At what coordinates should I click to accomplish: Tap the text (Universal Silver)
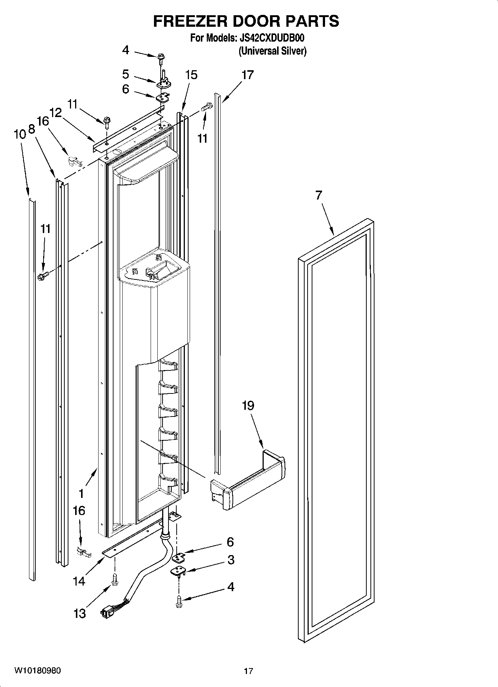click(272, 51)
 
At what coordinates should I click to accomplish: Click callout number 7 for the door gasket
click(319, 195)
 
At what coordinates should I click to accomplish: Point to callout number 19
click(248, 405)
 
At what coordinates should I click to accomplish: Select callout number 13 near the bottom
click(80, 613)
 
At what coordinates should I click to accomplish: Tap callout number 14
click(79, 581)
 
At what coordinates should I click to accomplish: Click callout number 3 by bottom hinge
click(231, 560)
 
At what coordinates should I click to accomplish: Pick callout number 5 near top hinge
click(126, 74)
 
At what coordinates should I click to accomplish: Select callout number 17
click(247, 75)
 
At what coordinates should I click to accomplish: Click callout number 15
click(191, 75)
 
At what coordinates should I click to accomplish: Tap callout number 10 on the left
click(20, 134)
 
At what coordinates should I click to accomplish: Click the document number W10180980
click(38, 670)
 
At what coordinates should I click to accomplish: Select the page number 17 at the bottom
click(248, 671)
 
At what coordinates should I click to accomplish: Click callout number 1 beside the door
click(81, 494)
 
